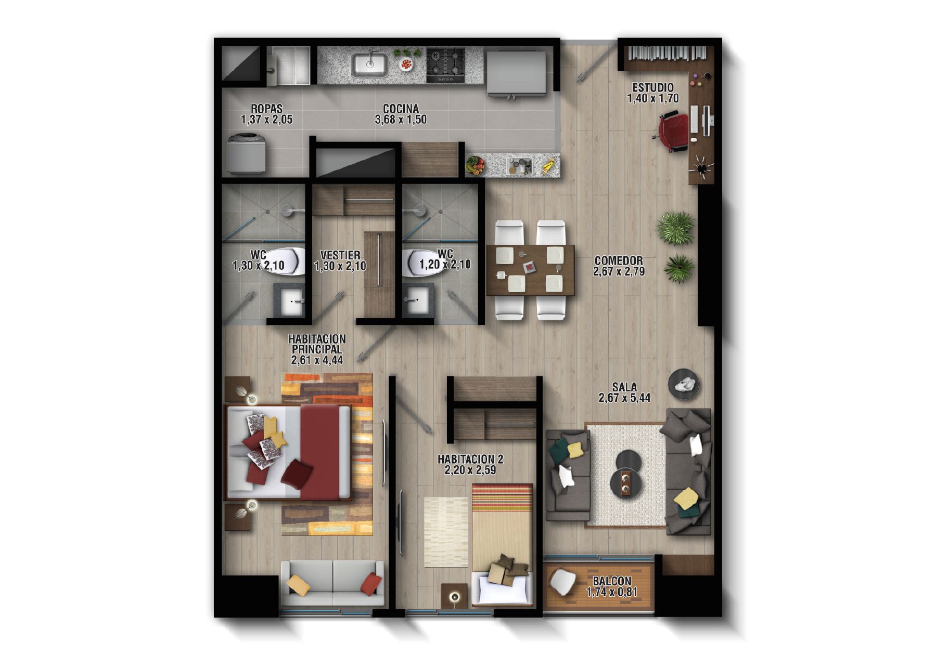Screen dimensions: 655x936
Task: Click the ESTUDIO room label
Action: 652,88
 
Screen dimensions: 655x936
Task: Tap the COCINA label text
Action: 401,109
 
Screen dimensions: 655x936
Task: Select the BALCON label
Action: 612,582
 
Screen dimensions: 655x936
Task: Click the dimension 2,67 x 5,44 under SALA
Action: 624,398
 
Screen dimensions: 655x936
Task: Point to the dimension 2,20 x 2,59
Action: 470,470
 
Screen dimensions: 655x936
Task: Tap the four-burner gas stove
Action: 445,64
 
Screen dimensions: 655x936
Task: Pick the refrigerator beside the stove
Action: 516,73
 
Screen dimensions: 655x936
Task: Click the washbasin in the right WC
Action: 417,301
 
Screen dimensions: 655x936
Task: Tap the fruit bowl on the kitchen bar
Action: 475,166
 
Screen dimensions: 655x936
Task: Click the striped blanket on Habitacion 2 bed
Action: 503,501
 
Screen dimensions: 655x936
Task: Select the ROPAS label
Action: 266,109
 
